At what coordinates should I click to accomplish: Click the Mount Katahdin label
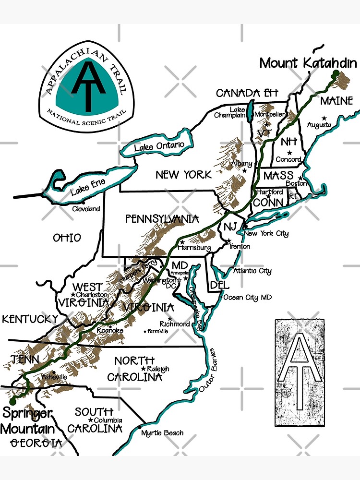(308, 63)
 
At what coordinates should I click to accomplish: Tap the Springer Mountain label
(27, 420)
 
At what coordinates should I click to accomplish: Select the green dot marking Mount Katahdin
(335, 73)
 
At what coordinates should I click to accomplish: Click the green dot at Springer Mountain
(12, 401)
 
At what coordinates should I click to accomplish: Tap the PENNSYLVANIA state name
(162, 219)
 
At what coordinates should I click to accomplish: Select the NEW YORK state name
(183, 175)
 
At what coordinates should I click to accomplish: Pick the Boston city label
(296, 183)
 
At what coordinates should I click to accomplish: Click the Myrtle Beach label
(162, 433)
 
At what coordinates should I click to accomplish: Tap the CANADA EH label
(244, 93)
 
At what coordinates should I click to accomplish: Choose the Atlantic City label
(252, 271)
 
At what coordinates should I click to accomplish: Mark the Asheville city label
(54, 377)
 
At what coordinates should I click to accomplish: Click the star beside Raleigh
(143, 369)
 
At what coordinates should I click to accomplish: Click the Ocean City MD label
(247, 298)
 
